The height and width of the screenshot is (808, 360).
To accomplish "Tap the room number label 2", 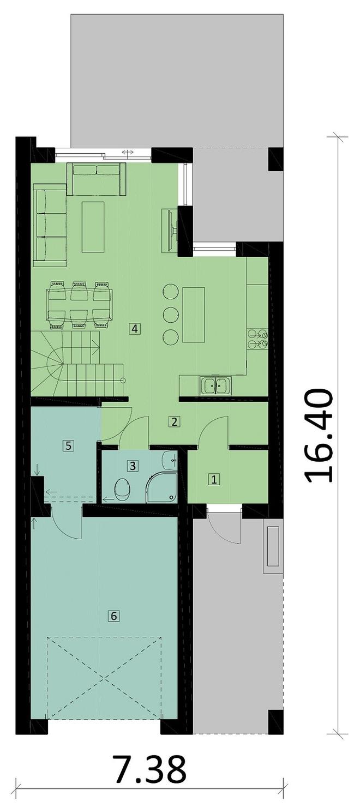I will point(174,421).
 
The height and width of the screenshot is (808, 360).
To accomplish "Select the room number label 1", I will point(214,479).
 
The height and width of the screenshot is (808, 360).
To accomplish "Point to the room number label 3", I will point(133,466).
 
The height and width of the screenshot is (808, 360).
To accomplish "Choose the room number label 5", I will point(68,445).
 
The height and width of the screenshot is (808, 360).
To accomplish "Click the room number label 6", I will point(113,616).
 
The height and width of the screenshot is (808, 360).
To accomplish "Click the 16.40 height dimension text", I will point(319,436).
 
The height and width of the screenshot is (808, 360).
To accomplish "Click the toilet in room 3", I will point(123,489).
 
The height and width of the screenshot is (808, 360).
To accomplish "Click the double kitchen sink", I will point(216,385).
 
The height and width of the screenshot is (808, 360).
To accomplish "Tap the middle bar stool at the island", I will point(171,314).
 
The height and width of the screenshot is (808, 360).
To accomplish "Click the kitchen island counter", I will point(194,315).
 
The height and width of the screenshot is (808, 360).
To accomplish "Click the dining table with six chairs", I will point(80,305).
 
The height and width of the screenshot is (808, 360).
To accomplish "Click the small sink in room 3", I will point(171,460).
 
